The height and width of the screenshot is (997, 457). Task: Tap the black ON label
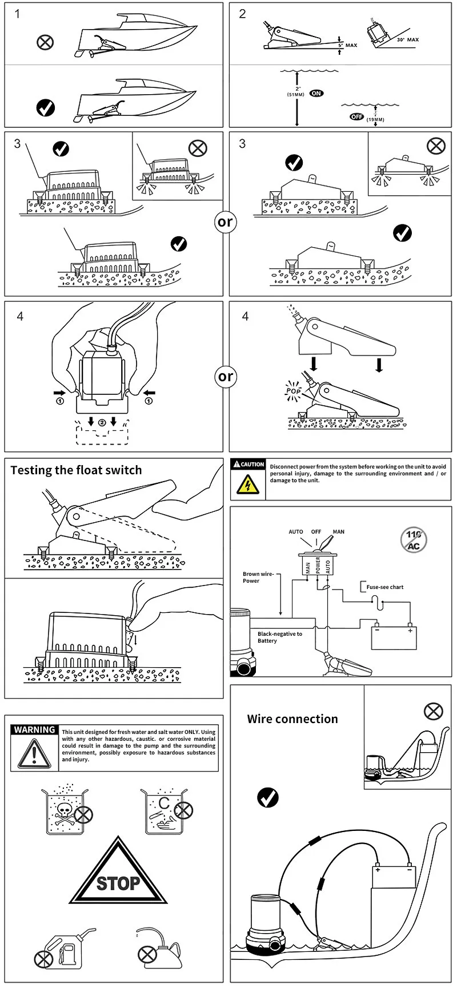pyautogui.click(x=316, y=93)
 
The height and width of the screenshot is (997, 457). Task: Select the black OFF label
pyautogui.click(x=356, y=116)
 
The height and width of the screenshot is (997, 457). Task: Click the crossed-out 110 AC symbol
pyautogui.click(x=414, y=540)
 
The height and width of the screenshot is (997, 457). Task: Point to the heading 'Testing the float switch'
pyautogui.click(x=76, y=470)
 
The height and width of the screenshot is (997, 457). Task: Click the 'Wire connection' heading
pyautogui.click(x=292, y=719)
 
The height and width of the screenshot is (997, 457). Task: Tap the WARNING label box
pyautogui.click(x=35, y=730)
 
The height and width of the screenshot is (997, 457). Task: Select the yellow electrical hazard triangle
pyautogui.click(x=247, y=485)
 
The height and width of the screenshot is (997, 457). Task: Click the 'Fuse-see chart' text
pyautogui.click(x=384, y=587)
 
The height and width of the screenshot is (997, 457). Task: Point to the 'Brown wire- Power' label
pyautogui.click(x=258, y=578)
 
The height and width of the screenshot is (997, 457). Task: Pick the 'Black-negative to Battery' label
pyautogui.click(x=279, y=637)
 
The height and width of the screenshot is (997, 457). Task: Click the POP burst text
pyautogui.click(x=293, y=391)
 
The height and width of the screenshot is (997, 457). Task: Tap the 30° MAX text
pyautogui.click(x=408, y=40)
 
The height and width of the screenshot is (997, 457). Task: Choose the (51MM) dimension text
pyautogui.click(x=296, y=94)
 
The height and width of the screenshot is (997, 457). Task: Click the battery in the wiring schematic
pyautogui.click(x=394, y=638)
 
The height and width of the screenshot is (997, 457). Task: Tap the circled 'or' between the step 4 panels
pyautogui.click(x=226, y=377)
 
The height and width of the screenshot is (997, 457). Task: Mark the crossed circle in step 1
pyautogui.click(x=45, y=42)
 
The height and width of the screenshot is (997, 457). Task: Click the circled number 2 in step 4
pyautogui.click(x=102, y=422)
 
